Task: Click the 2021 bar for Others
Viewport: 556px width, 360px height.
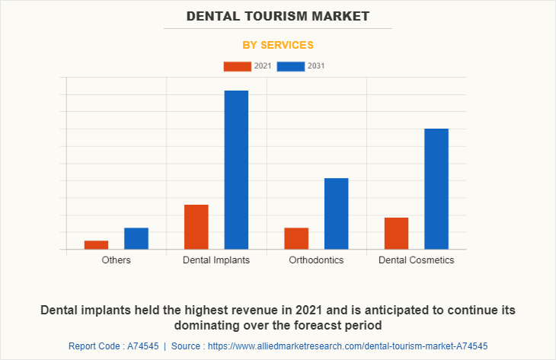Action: [x=96, y=244]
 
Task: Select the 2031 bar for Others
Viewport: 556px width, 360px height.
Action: [x=136, y=238]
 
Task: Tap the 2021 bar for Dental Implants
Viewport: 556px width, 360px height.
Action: [x=196, y=227]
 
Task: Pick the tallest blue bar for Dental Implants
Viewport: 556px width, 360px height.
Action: [x=236, y=170]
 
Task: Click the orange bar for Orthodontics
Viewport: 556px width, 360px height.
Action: [x=296, y=238]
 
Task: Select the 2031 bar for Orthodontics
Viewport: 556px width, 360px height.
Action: [x=336, y=213]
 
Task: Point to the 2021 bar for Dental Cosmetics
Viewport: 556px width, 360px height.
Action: [x=396, y=233]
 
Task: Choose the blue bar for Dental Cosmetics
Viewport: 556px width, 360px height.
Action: [x=436, y=189]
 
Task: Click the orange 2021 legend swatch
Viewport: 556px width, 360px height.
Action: [x=237, y=66]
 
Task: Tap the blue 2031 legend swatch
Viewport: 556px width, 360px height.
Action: [x=291, y=66]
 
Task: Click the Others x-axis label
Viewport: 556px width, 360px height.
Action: [x=116, y=260]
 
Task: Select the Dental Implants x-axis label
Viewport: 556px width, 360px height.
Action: [x=216, y=260]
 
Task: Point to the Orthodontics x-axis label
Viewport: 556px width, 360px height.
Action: [x=316, y=260]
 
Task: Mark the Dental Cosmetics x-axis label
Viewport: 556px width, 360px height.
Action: [x=416, y=260]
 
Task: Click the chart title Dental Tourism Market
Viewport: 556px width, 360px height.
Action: [x=277, y=15]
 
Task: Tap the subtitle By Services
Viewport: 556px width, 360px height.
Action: [x=277, y=45]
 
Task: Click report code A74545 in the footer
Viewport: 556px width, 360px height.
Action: [x=113, y=346]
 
